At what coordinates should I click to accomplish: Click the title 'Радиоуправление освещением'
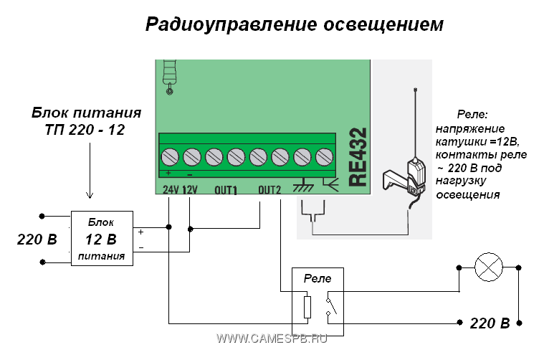click(295, 25)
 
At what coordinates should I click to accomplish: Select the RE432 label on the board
click(357, 157)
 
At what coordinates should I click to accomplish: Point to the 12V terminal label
click(189, 190)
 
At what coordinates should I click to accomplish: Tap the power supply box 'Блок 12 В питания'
click(101, 239)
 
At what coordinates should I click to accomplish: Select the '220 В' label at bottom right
click(490, 323)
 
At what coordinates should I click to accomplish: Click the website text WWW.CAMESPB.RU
click(272, 338)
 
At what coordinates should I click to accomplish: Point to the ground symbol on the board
click(304, 185)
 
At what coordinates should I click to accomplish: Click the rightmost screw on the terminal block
click(325, 156)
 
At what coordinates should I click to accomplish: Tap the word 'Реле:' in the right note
click(472, 115)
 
